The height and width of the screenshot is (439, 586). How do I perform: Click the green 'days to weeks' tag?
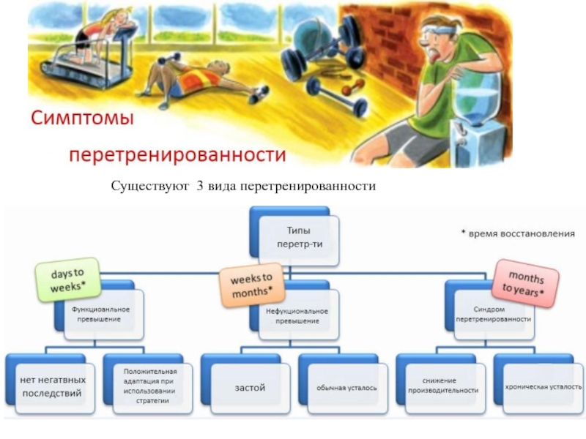[67, 279]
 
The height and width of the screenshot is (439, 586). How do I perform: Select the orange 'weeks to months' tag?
[251, 285]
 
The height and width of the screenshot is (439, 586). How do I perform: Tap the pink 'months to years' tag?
[524, 283]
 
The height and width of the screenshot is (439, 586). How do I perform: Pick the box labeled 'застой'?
[250, 389]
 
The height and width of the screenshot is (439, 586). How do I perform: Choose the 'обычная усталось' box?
[347, 389]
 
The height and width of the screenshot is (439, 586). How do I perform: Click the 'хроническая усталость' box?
[544, 388]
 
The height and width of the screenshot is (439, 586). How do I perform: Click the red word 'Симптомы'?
[82, 118]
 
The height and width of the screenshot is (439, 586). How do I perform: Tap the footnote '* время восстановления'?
[518, 233]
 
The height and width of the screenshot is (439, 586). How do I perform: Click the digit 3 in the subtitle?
[199, 186]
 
